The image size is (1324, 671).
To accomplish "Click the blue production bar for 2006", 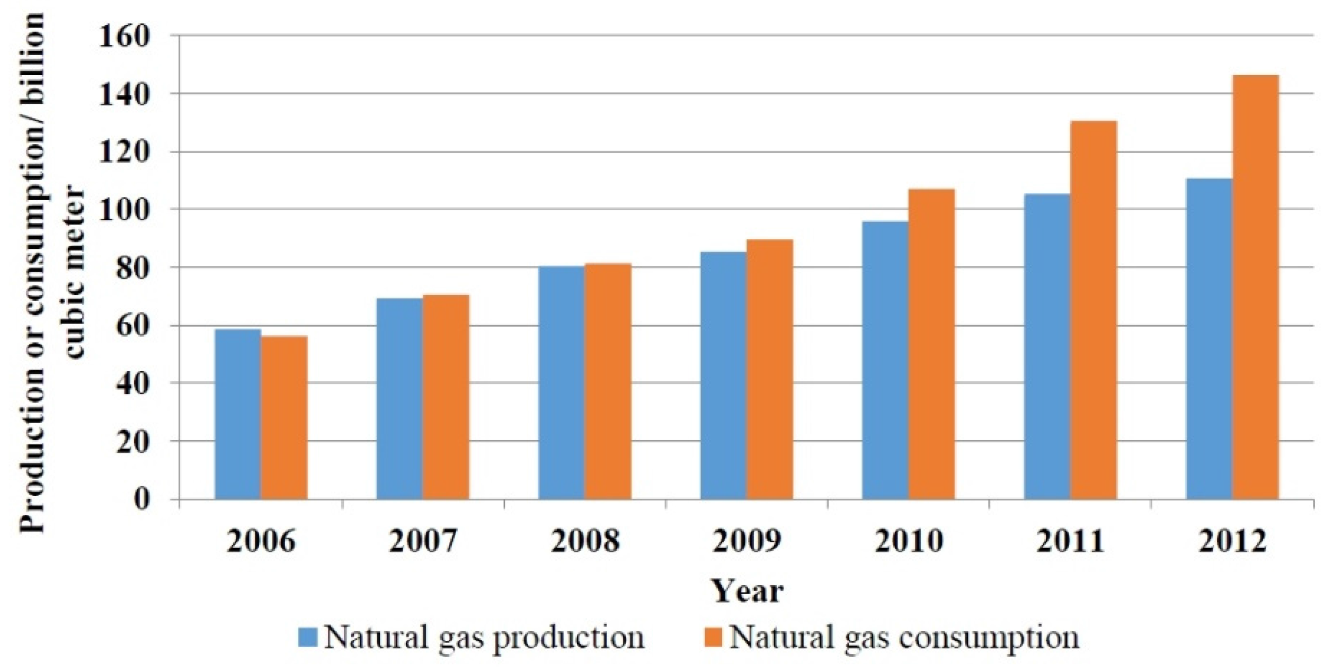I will [x=237, y=414].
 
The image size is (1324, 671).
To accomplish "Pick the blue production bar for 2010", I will [x=885, y=360].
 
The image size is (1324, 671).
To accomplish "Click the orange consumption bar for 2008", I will [x=607, y=381].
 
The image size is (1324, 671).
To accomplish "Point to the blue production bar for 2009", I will [x=723, y=375].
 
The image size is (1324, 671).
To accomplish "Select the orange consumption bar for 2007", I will [x=446, y=397].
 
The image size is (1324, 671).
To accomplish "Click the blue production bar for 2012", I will [x=1209, y=339].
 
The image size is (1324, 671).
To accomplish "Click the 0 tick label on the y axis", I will [x=142, y=499].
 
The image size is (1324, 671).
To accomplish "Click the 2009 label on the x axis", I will [x=747, y=541].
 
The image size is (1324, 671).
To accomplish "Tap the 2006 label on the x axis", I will [x=261, y=541].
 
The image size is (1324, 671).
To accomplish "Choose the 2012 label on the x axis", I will [x=1232, y=541].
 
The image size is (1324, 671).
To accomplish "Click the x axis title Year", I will [x=747, y=591].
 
